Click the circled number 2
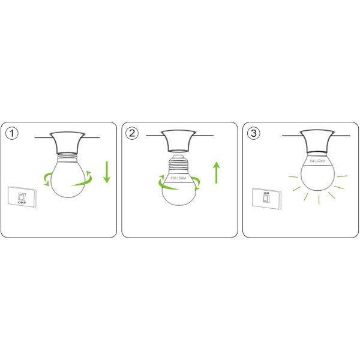click(133, 133)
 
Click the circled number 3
click(254, 133)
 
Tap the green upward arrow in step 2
click(217, 172)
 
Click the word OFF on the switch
click(22, 203)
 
